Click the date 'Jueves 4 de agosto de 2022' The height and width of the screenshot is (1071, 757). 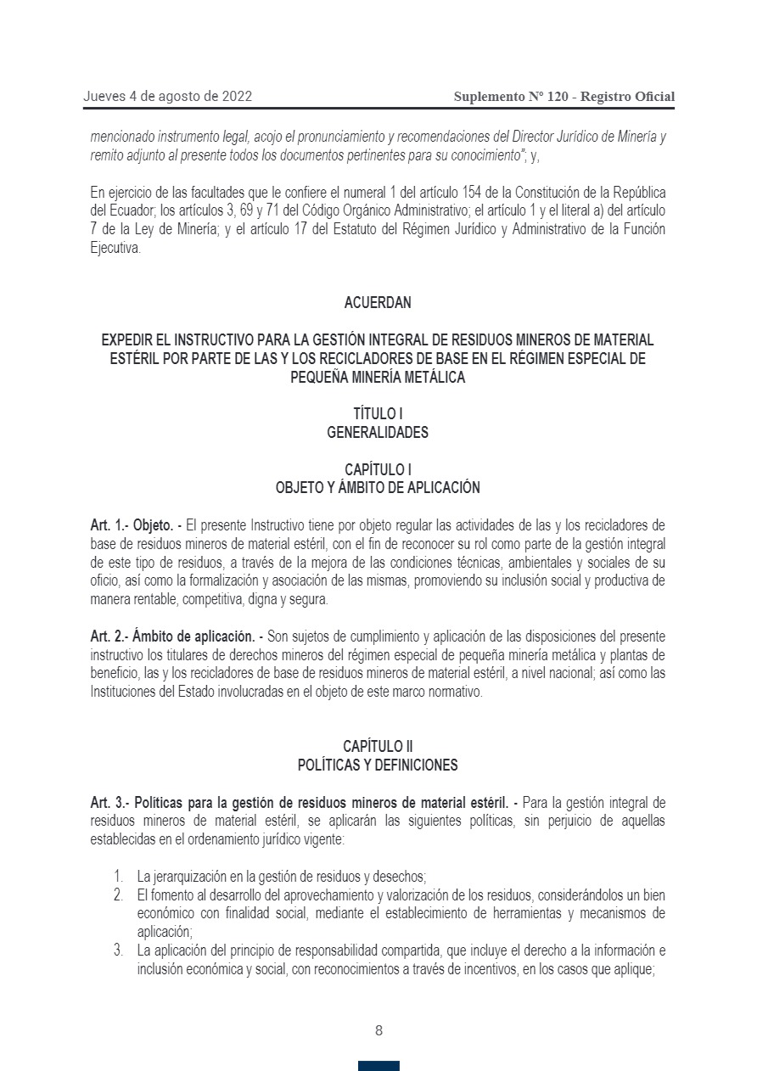tap(167, 97)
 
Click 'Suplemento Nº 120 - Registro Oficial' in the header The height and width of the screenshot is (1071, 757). tap(564, 97)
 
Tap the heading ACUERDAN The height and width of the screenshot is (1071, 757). tap(378, 303)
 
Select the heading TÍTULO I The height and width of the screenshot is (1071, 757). tap(378, 414)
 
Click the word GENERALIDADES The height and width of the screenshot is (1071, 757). tap(378, 433)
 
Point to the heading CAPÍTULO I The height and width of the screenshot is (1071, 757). tap(378, 469)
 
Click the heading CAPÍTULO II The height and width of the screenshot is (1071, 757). tap(378, 747)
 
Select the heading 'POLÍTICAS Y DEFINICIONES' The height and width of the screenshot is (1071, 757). tap(378, 765)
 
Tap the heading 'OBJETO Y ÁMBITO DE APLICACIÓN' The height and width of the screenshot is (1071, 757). tap(378, 488)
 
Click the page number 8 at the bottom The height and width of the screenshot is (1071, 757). tap(378, 1031)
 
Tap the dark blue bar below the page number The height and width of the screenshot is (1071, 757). tap(378, 1065)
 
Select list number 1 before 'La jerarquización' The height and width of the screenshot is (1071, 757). tap(118, 876)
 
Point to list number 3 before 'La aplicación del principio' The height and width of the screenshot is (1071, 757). tap(118, 950)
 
